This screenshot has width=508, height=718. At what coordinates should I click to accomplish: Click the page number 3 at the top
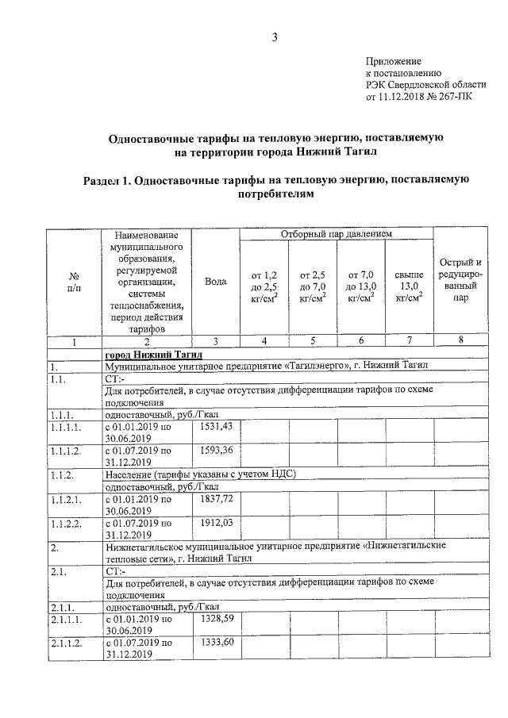pyautogui.click(x=275, y=36)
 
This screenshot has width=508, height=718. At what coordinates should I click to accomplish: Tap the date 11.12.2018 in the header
pyautogui.click(x=405, y=99)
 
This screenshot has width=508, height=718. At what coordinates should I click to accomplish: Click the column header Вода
pyautogui.click(x=216, y=283)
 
